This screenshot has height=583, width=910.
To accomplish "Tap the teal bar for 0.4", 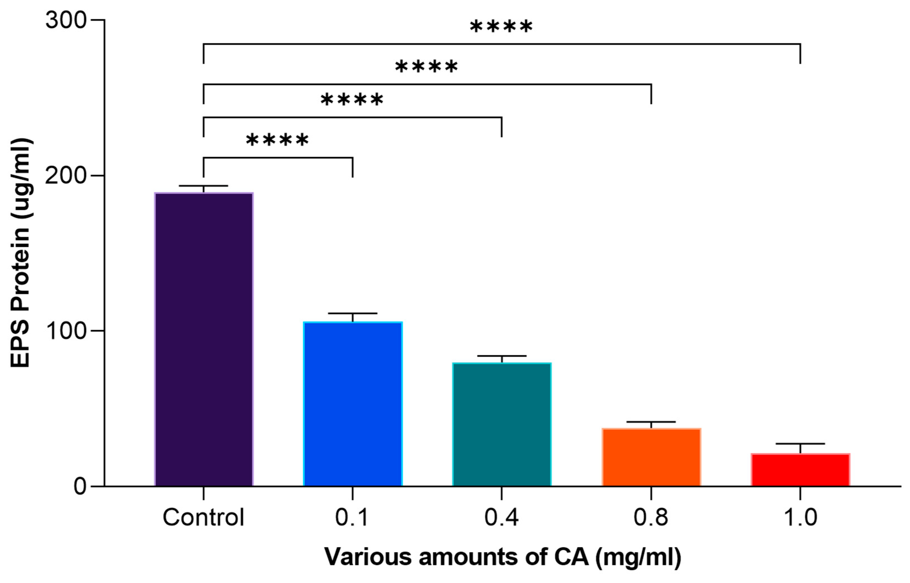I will click(x=501, y=424).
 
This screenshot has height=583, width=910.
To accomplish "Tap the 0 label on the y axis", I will click(x=80, y=486).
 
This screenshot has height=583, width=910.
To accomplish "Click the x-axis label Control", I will click(x=203, y=517).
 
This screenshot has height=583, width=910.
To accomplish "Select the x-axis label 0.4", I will click(x=501, y=517).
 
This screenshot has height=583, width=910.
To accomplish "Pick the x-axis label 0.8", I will click(x=651, y=517).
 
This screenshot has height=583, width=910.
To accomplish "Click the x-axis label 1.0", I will click(x=800, y=517).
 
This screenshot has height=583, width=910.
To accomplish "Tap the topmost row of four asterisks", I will click(x=501, y=27).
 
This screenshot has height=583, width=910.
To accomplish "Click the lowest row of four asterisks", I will click(x=277, y=141).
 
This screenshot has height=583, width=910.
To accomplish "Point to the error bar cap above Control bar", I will click(x=203, y=186).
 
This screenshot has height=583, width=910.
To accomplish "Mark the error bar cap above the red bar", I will click(x=800, y=444).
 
